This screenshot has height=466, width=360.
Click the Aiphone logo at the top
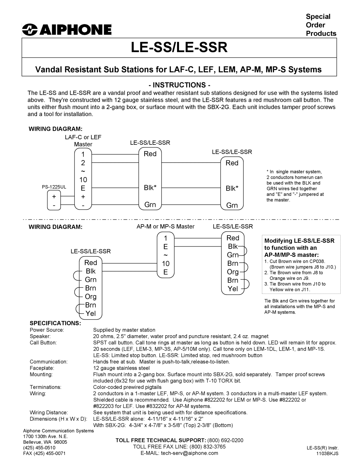click(x=67, y=30)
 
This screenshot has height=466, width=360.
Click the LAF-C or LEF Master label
click(x=83, y=141)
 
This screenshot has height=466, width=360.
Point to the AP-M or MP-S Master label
click(x=170, y=226)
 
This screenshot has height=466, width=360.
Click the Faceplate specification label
click(x=42, y=368)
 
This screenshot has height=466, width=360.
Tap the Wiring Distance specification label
click(x=49, y=413)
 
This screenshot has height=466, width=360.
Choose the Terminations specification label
click(x=45, y=387)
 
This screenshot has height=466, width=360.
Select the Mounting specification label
click(x=41, y=374)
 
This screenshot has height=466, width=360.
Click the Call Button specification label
click(x=43, y=343)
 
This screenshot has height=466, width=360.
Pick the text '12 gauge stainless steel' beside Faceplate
click(x=121, y=368)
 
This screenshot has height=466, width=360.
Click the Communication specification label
click(x=49, y=362)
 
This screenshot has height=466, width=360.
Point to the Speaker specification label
click(x=40, y=336)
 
